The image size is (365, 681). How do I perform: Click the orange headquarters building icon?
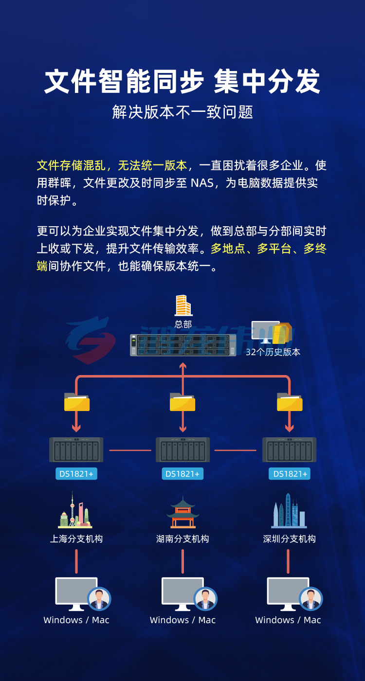click(183, 305)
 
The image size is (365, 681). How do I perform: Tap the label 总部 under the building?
click(183, 324)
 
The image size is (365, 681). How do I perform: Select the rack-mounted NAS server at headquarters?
click(183, 345)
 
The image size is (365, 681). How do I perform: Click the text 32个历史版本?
click(273, 352)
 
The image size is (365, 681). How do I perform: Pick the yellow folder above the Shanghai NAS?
click(77, 402)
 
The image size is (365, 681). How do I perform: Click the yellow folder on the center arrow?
click(182, 402)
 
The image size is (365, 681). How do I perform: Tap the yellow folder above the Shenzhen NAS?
click(290, 402)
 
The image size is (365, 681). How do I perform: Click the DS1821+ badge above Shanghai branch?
click(76, 474)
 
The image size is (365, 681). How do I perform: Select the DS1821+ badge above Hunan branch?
click(182, 474)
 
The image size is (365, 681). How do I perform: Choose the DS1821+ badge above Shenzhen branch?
click(290, 474)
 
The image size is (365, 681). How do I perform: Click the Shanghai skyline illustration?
click(75, 510)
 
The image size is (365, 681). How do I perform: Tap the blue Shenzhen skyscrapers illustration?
click(289, 511)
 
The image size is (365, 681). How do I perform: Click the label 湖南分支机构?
click(182, 539)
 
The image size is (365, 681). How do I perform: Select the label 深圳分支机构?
click(289, 539)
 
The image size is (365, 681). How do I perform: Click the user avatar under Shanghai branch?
click(99, 599)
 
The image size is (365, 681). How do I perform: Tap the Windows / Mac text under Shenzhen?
click(288, 620)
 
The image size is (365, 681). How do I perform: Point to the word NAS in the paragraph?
click(202, 183)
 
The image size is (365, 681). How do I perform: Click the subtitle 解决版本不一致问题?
click(182, 112)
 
